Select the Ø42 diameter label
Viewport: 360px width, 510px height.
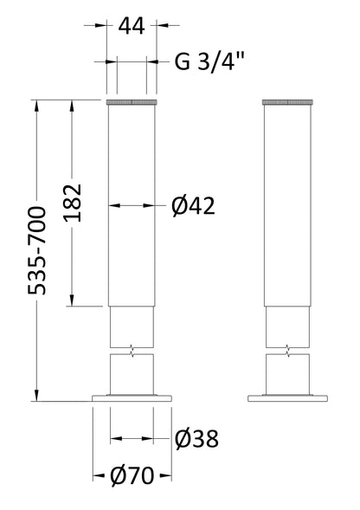192,205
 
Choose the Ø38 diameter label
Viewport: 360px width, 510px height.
196,440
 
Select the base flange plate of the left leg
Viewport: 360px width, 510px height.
132,398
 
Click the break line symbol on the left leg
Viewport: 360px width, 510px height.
131,349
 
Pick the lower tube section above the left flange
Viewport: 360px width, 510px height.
132,374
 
